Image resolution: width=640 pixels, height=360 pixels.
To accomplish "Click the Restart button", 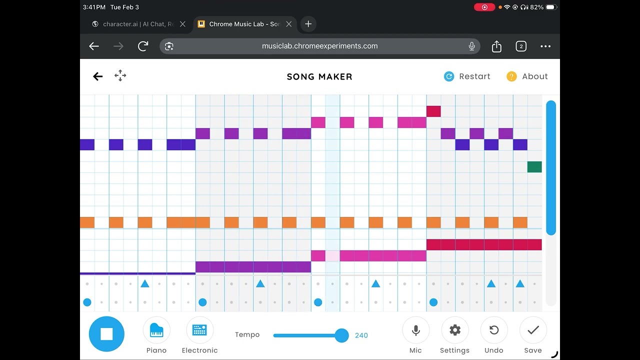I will pos(467,76).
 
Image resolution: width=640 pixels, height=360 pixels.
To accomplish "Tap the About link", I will pos(527,76).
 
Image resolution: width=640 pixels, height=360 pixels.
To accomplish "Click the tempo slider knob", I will pos(341,335).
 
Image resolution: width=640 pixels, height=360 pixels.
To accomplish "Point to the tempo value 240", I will pos(361,335).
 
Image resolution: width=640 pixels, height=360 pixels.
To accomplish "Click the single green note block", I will pos(534,167).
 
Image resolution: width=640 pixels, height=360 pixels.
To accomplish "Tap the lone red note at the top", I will pos(433,111).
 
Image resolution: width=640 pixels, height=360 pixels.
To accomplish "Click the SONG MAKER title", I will pos(319,76).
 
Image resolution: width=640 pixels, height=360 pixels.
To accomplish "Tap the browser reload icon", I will pos(143,46).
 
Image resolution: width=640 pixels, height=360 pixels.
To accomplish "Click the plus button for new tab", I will pos(308,24).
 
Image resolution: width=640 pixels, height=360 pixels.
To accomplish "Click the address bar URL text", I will pos(319,46).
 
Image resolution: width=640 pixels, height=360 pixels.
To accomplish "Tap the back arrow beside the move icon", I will pos(98,76).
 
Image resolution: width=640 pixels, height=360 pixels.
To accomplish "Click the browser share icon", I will pos(496,46).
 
